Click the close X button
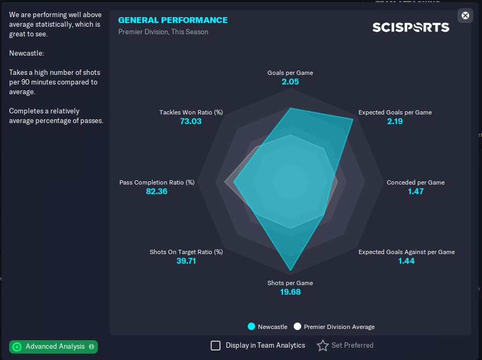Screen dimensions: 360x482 coord(465,16)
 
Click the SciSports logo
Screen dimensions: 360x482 coord(411,27)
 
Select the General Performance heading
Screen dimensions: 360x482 coord(173,20)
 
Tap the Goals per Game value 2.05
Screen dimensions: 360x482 coord(290,82)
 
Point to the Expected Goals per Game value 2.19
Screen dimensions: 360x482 coord(395,121)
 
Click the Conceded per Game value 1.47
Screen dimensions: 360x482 coord(415,192)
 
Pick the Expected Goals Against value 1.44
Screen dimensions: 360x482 coord(406,261)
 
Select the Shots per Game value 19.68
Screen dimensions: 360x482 coord(290,292)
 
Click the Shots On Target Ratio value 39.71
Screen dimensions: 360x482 coord(186,261)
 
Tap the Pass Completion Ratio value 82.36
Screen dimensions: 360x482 coord(157,192)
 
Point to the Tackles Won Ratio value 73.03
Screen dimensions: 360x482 coord(191,121)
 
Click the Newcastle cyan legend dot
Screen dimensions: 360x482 coord(251,327)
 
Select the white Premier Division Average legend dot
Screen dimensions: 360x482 coord(297,327)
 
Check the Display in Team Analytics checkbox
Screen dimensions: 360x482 coord(216,346)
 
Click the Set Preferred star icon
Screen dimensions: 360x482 coord(323,346)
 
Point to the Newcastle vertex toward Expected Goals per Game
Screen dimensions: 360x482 coord(353,119)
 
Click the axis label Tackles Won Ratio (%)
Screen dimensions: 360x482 coord(191,112)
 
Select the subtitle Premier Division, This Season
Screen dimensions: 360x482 coord(163,32)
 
